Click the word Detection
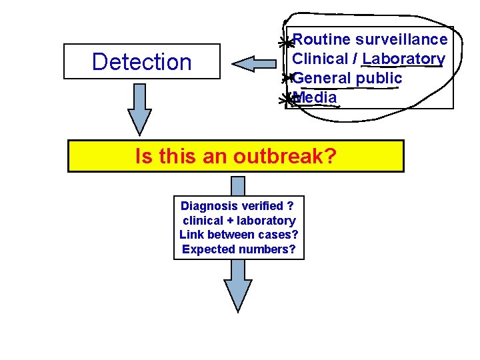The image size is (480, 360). coord(141,62)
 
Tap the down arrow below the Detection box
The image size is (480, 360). coord(140,113)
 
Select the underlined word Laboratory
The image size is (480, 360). coord(404,59)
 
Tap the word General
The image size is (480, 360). coord(321,78)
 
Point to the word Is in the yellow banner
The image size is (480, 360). coord(143,157)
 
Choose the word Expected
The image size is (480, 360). coord(207,249)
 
